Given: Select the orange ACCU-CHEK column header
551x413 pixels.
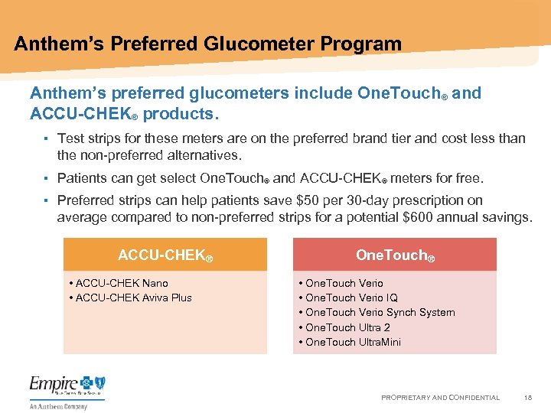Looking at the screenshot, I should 165,255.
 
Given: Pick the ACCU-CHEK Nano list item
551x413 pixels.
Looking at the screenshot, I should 122,283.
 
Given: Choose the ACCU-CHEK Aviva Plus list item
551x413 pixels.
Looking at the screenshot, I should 134,298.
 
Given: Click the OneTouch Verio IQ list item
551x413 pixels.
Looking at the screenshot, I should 351,298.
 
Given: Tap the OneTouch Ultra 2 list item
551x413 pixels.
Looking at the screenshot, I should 347,327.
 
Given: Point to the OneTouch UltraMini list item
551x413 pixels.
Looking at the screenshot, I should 353,342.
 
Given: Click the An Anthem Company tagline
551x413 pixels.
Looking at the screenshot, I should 58,406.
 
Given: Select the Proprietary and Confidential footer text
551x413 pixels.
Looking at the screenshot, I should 440,398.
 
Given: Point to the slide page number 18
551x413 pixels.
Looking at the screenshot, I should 527,398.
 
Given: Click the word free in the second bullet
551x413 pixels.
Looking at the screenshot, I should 468,178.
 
